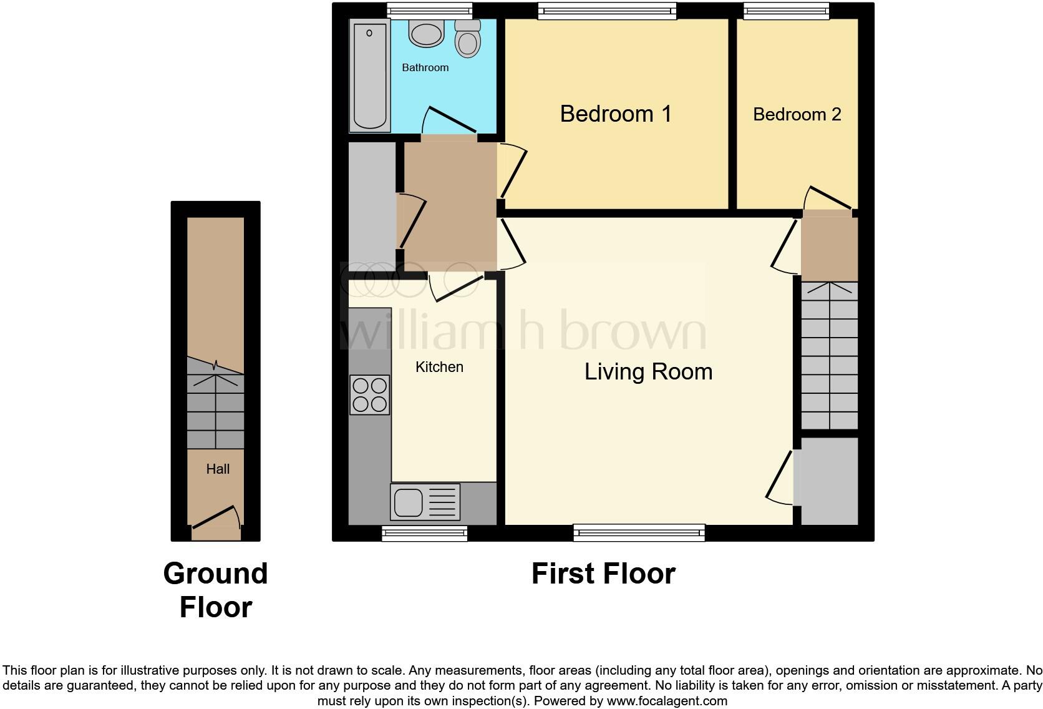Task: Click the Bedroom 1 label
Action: [x=615, y=114]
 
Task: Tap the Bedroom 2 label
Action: [x=797, y=114]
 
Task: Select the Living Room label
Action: [x=648, y=371]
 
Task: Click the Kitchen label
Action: [x=439, y=367]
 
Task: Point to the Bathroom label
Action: [x=425, y=67]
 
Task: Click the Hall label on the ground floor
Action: [x=218, y=469]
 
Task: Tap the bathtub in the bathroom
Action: [x=369, y=75]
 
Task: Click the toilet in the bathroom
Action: [x=467, y=39]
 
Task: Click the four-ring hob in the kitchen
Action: [x=369, y=395]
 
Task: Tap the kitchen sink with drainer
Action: [x=425, y=502]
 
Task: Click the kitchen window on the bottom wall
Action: [x=424, y=532]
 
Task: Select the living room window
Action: [x=639, y=532]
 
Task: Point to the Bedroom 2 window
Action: [x=786, y=10]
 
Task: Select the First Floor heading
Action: [x=603, y=574]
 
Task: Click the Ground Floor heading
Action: [x=215, y=590]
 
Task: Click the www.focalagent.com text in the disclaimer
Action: [x=666, y=701]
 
